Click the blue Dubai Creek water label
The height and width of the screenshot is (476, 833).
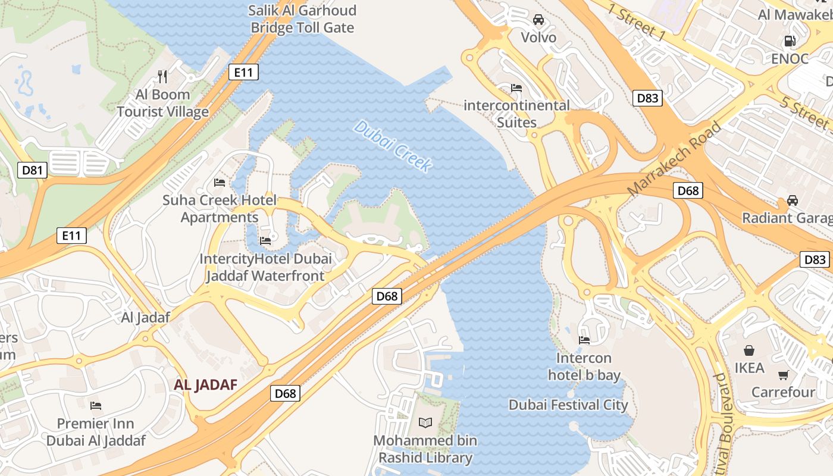coord(392,146)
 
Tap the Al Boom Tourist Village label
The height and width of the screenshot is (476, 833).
coord(162,103)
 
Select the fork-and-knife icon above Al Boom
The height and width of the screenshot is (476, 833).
coord(162,76)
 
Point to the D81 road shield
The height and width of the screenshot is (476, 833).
coord(32,171)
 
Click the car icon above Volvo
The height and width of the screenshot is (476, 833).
coord(538,20)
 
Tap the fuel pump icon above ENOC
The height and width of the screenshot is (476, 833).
coord(790,41)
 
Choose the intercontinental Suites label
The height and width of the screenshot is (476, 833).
coord(516,114)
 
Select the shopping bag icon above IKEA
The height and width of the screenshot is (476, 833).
coord(749,350)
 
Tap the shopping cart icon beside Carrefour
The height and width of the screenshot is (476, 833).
coord(784,375)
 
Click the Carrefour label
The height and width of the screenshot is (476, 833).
coord(783,392)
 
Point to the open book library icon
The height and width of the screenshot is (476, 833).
coord(425,422)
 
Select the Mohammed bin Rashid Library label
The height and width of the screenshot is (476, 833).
coord(425,449)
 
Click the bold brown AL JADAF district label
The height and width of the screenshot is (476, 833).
coord(205,385)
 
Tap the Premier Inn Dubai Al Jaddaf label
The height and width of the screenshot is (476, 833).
coord(96,432)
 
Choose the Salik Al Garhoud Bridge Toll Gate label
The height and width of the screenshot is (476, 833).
coord(302,19)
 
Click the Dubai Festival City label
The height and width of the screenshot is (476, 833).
coord(568,405)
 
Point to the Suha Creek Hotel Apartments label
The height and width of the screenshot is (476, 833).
coord(220,208)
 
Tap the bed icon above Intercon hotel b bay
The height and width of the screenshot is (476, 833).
coord(584,340)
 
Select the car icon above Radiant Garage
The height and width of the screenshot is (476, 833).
coord(793,201)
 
